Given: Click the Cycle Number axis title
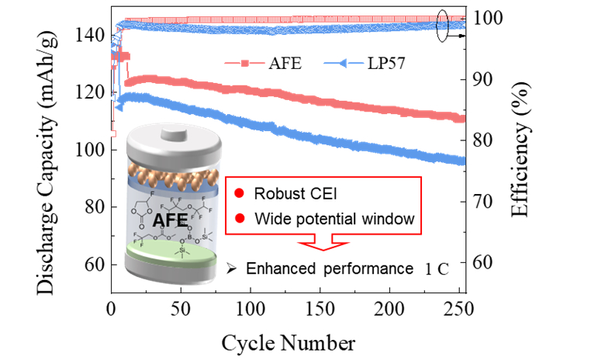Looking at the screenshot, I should [289, 341].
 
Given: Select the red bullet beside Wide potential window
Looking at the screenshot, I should [241, 220].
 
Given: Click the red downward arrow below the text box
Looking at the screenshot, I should [325, 244].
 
